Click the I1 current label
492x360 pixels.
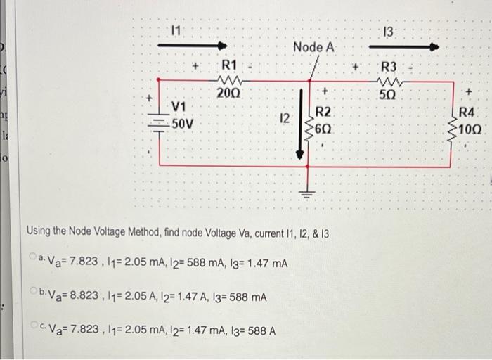pos(176,30)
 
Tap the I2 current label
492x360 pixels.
pos(283,118)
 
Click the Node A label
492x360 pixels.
pos(314,47)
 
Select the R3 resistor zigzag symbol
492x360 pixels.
pos(389,81)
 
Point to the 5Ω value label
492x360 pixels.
pos(389,94)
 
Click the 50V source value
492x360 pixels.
pos(183,123)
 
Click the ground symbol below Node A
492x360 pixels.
pos(306,193)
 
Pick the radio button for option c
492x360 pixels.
pos(33,326)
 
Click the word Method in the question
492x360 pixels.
pos(148,231)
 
